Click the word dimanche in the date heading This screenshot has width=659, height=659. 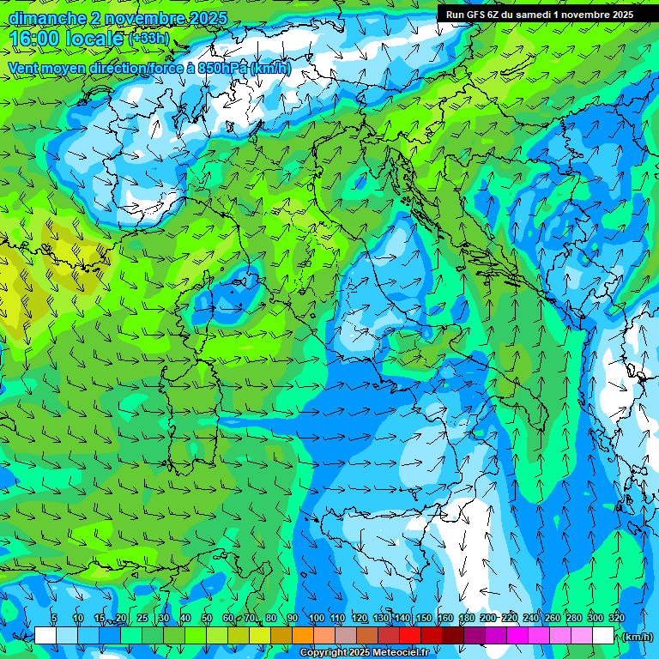tap(46, 19)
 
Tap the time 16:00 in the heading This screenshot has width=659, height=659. tap(34, 39)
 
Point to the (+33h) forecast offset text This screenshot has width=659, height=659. tap(148, 39)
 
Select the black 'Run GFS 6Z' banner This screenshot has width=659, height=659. tap(540, 14)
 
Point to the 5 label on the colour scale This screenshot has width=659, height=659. tap(54, 618)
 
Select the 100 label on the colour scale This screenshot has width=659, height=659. tap(316, 618)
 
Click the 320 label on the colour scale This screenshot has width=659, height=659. tap(616, 618)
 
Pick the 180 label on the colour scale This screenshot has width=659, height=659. tap(466, 618)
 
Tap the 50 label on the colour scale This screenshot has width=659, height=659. tap(207, 618)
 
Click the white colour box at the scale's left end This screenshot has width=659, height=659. tap(45, 636)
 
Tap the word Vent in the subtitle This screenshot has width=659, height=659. tap(24, 68)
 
